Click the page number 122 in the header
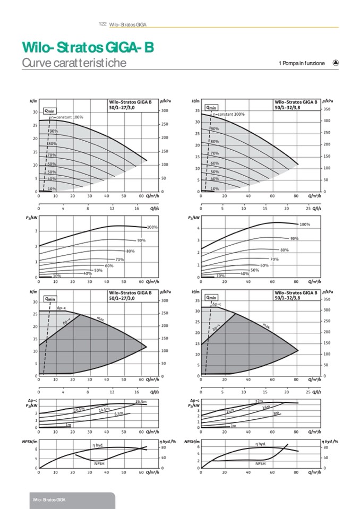point(103,24)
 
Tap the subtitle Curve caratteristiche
point(74,63)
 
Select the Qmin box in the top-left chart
point(49,110)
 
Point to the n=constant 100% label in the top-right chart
point(228,114)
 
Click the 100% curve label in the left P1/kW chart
point(152,227)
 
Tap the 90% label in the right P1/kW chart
point(294,239)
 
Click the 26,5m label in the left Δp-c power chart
point(141,401)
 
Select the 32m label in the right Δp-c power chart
point(259,400)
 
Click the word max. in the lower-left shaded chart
point(100,318)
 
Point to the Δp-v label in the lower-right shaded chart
point(216,329)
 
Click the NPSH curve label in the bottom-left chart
point(99,463)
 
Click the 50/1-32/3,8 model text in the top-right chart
point(289,107)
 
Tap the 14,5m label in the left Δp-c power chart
point(104,410)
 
